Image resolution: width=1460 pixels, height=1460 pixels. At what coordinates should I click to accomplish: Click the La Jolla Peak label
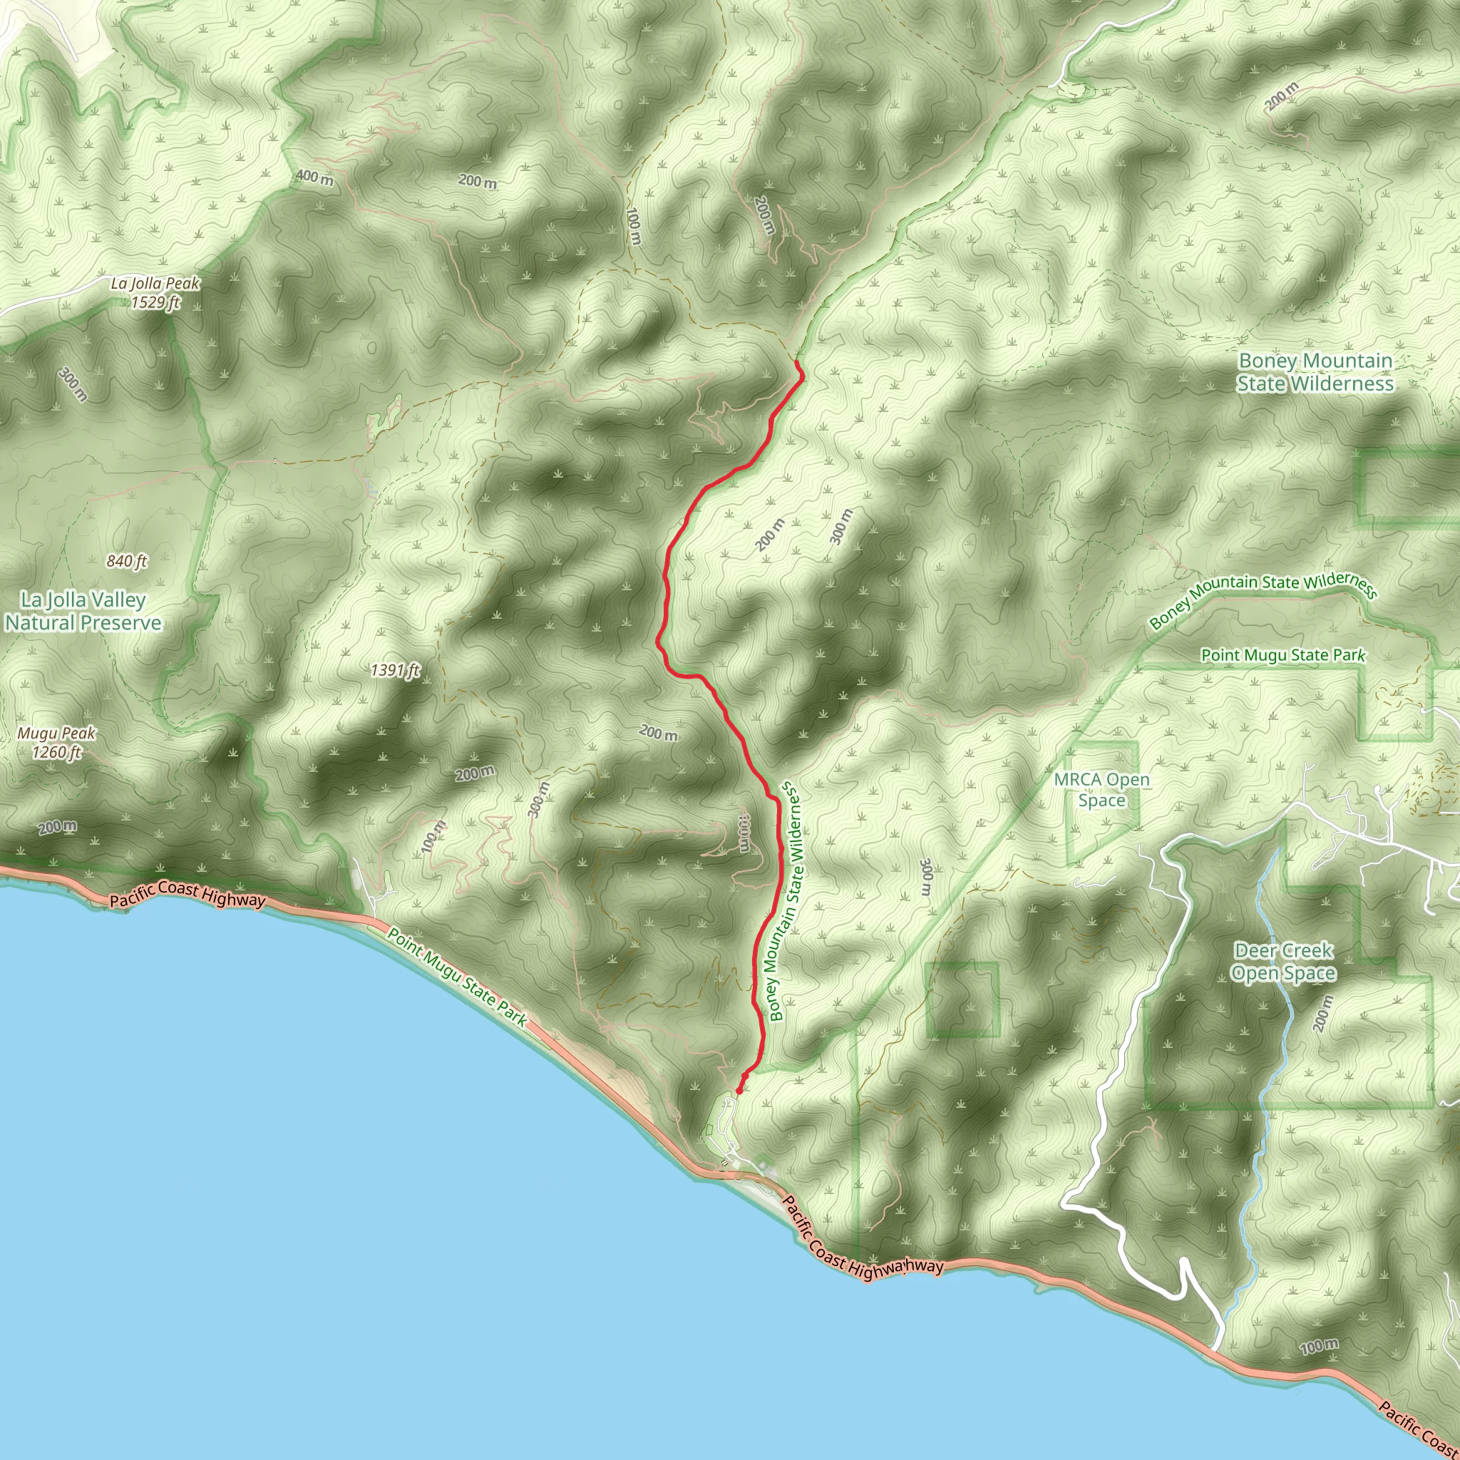pos(155,284)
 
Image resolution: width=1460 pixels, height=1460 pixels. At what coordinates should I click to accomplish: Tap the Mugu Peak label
pos(57,733)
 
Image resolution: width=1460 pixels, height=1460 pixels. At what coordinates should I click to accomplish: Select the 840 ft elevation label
pos(126,561)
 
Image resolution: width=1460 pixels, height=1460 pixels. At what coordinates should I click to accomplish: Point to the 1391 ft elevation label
pos(394,670)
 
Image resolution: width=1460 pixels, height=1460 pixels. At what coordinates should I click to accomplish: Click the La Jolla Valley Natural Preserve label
pos(83,612)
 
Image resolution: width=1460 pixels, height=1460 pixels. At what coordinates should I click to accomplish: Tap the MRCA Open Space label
pos(1102,790)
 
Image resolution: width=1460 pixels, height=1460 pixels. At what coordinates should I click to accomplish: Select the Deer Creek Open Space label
pos(1283,961)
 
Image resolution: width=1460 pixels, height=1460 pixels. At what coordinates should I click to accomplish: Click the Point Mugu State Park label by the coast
pos(457,976)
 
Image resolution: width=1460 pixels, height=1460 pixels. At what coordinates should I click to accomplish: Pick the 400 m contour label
pos(314,178)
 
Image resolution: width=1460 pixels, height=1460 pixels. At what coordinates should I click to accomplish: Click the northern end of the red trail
pos(797,364)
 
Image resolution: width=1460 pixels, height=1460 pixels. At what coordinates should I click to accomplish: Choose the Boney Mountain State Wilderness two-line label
pos(1315,373)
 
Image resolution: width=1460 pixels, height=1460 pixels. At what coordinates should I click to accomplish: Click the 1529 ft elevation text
pos(155,303)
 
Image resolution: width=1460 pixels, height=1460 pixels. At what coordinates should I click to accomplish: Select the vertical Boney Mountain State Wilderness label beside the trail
pos(785,903)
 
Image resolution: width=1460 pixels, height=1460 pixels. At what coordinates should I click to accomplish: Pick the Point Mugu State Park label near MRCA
pos(1283,655)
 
